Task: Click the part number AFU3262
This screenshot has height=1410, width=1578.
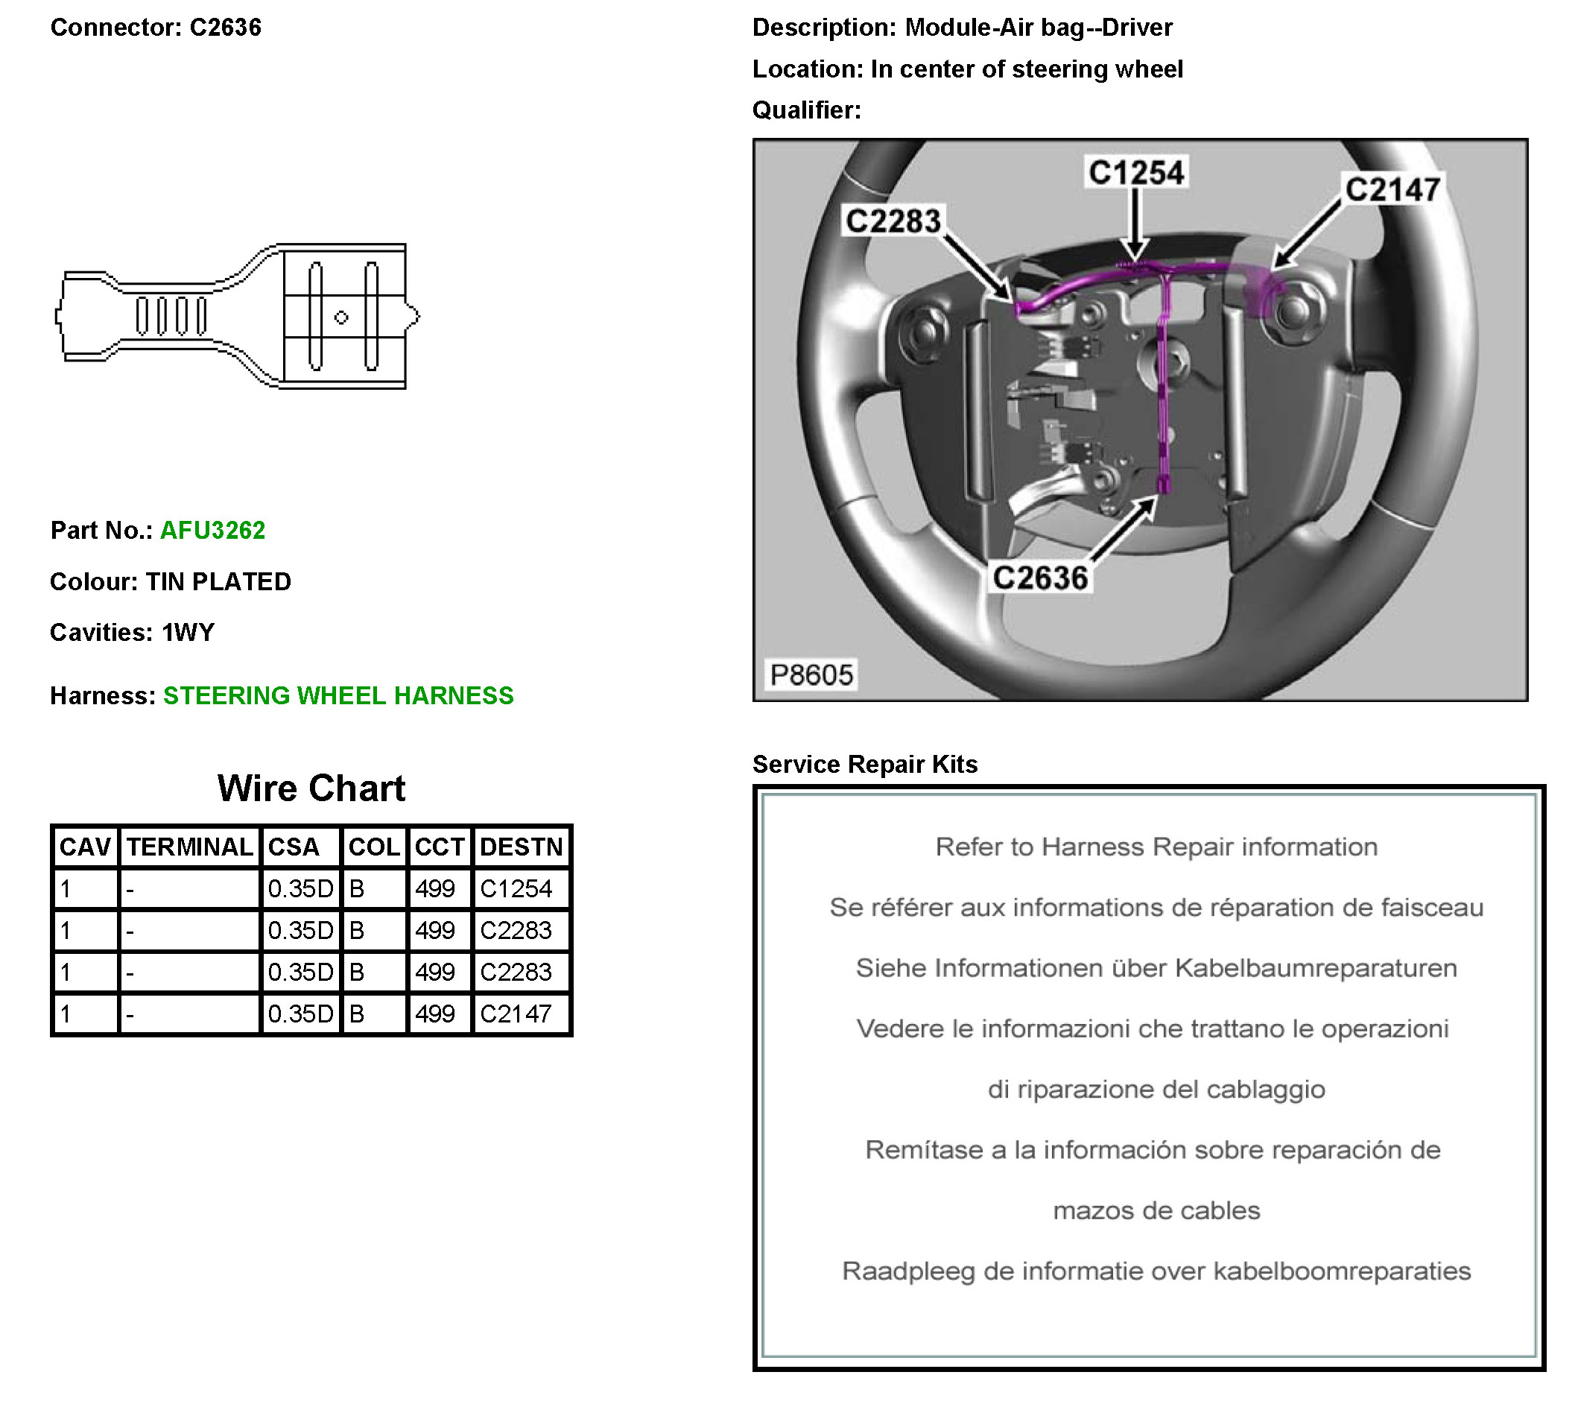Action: pyautogui.click(x=212, y=530)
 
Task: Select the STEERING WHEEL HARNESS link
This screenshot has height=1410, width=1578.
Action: pyautogui.click(x=338, y=696)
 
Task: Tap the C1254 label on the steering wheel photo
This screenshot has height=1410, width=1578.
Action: pyautogui.click(x=1135, y=172)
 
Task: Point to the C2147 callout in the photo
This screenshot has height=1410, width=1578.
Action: pyautogui.click(x=1392, y=189)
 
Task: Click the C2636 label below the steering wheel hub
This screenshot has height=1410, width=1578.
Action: pyautogui.click(x=1039, y=578)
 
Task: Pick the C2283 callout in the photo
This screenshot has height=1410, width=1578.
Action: pyautogui.click(x=893, y=221)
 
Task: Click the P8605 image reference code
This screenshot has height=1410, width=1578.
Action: pyautogui.click(x=811, y=674)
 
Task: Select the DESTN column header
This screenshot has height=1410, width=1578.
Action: pyautogui.click(x=521, y=847)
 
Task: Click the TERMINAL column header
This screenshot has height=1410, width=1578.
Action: pyautogui.click(x=190, y=847)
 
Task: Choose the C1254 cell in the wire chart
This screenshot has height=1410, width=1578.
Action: pyautogui.click(x=516, y=888)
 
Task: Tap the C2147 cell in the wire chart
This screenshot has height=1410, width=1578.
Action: pyautogui.click(x=516, y=1014)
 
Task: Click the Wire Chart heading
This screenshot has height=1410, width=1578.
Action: pyautogui.click(x=311, y=788)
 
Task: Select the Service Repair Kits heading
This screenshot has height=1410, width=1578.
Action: pyautogui.click(x=864, y=765)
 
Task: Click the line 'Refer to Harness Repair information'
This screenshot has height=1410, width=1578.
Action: pyautogui.click(x=1156, y=847)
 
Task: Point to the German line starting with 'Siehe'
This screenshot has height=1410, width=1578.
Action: pyautogui.click(x=1156, y=967)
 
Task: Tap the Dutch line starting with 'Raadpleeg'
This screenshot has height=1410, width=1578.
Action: pyautogui.click(x=1156, y=1271)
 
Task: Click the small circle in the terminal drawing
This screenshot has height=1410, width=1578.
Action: pyautogui.click(x=340, y=317)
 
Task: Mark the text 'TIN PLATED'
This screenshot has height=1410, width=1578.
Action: pyautogui.click(x=218, y=582)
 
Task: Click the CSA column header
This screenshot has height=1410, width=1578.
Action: pyautogui.click(x=294, y=847)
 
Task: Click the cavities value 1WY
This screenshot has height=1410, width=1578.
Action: pyautogui.click(x=188, y=633)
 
